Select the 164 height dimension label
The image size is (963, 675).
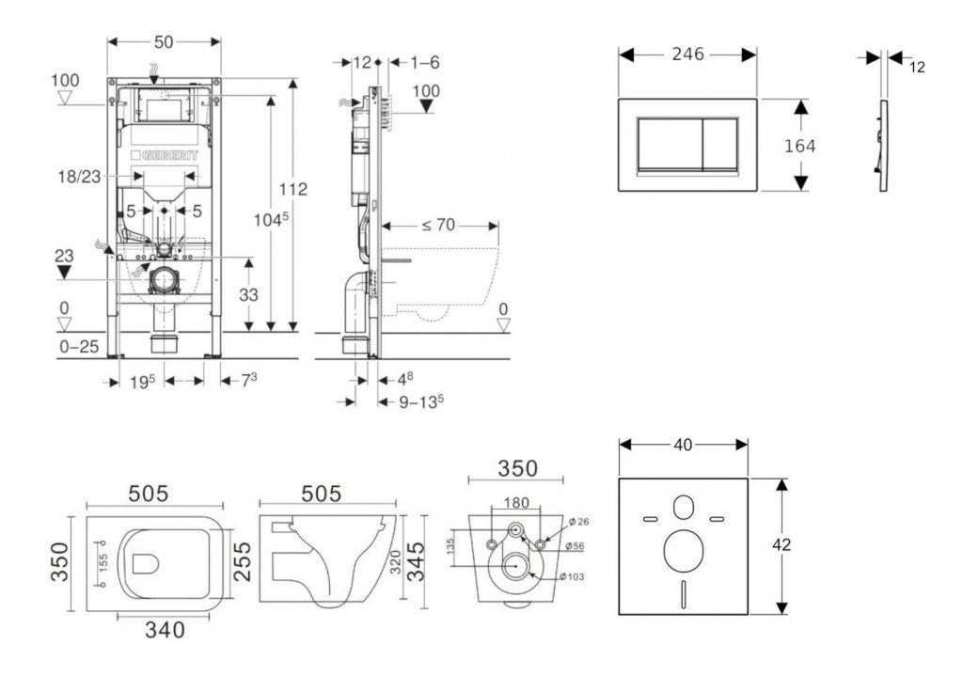pos(800,146)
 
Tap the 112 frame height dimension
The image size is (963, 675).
pos(293,190)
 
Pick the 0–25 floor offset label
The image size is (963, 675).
pos(78,348)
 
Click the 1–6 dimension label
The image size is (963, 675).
pos(425,63)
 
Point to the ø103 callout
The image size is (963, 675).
pos(571,576)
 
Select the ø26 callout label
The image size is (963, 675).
pos(577,521)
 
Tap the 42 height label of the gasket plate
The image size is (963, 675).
pos(781,545)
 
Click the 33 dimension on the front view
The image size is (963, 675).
pos(247,294)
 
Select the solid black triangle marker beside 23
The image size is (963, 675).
pos(64,272)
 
